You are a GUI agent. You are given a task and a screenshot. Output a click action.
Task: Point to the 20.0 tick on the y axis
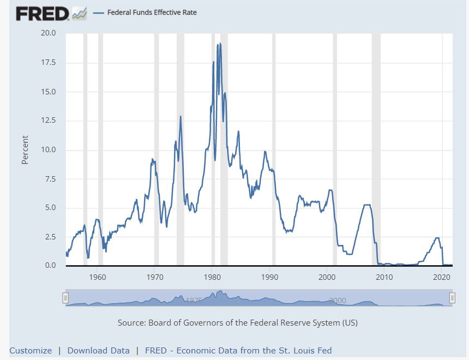click(x=48, y=33)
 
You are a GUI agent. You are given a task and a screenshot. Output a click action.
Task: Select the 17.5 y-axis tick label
click(x=48, y=63)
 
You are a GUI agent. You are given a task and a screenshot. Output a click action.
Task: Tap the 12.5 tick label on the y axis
click(x=48, y=121)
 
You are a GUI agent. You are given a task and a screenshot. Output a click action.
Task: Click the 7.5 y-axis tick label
click(x=50, y=179)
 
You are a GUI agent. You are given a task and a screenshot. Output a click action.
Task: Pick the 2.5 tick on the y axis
click(x=50, y=237)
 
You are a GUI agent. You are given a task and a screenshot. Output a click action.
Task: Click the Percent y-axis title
click(x=25, y=149)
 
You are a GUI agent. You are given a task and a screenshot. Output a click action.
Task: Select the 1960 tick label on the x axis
click(x=98, y=277)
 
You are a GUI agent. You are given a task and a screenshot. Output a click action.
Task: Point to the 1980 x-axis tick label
click(x=212, y=277)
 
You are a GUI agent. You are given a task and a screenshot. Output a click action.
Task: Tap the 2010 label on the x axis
click(x=384, y=277)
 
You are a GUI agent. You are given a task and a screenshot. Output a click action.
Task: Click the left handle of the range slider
click(x=65, y=297)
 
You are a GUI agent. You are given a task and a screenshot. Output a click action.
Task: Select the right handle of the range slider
click(x=452, y=297)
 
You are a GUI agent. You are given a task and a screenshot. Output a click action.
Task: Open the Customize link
click(x=31, y=351)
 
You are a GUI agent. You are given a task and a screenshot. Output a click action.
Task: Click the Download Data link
click(x=98, y=351)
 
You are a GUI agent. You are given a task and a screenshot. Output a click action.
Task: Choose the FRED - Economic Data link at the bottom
click(x=238, y=351)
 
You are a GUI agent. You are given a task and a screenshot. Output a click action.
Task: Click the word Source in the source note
click(x=131, y=322)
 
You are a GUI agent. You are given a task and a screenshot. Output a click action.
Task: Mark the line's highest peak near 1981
click(x=220, y=44)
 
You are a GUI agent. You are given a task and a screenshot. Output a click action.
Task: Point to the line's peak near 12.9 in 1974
click(x=181, y=116)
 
